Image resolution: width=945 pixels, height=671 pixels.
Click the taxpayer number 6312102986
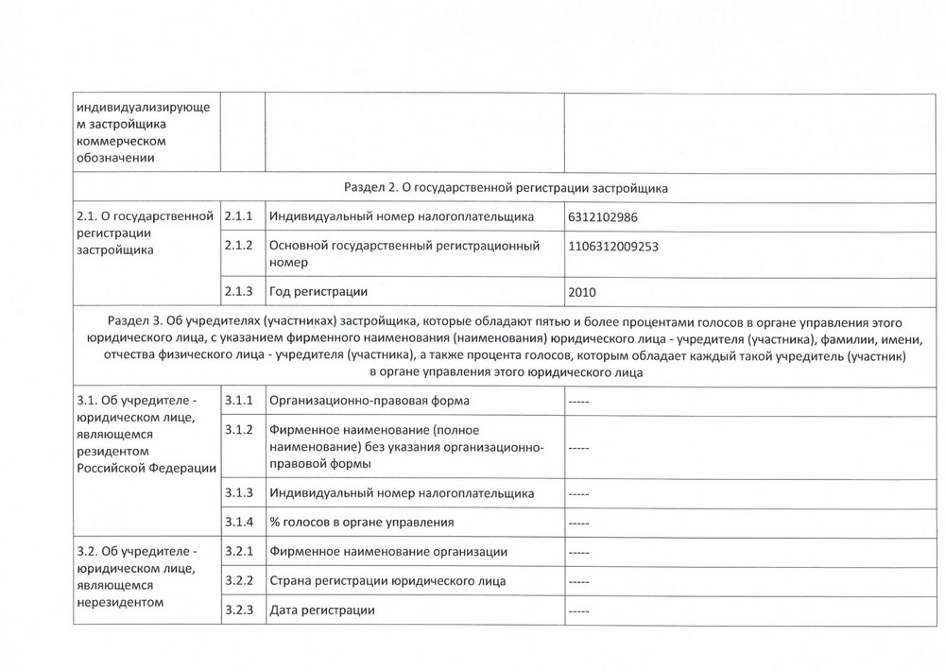click(604, 217)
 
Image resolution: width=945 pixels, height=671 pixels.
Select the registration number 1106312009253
click(614, 246)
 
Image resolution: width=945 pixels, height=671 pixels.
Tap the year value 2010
click(583, 292)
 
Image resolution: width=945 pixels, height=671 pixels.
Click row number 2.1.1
click(240, 217)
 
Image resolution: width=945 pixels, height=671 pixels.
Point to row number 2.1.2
click(240, 246)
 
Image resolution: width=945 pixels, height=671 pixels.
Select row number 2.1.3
click(240, 290)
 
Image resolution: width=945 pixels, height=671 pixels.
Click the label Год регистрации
click(318, 290)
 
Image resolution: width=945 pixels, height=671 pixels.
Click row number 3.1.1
click(240, 401)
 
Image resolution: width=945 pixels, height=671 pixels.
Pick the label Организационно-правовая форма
click(369, 401)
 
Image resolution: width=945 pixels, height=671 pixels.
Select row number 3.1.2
click(240, 430)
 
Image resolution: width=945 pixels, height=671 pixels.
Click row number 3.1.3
click(240, 492)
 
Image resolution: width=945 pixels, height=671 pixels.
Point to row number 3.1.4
click(240, 522)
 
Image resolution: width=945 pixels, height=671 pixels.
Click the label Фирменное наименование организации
click(388, 551)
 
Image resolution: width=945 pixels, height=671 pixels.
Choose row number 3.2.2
click(240, 580)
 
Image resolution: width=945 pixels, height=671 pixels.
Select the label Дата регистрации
click(322, 610)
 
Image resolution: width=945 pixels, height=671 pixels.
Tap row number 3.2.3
click(240, 610)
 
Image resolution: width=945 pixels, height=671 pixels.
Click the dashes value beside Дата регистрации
click(579, 611)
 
